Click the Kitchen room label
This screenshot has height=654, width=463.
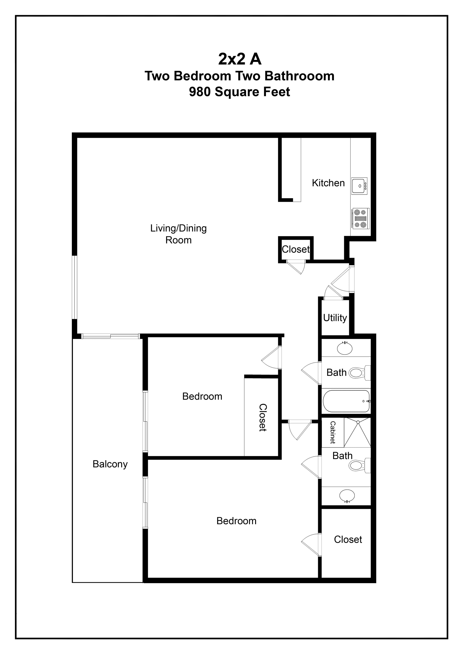click(x=328, y=183)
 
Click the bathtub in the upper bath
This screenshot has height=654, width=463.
click(x=346, y=401)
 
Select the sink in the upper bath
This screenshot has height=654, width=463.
click(x=345, y=348)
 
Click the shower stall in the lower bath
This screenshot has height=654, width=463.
click(x=357, y=433)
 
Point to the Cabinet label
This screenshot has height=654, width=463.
click(x=333, y=432)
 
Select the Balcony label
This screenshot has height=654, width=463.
click(x=110, y=464)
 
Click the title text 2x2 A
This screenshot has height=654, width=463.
click(x=240, y=59)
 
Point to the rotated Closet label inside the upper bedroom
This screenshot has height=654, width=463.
click(x=263, y=418)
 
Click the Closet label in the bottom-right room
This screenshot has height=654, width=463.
click(x=348, y=539)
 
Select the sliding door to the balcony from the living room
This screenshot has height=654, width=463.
click(x=110, y=337)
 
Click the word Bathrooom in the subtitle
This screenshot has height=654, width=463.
click(x=299, y=76)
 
